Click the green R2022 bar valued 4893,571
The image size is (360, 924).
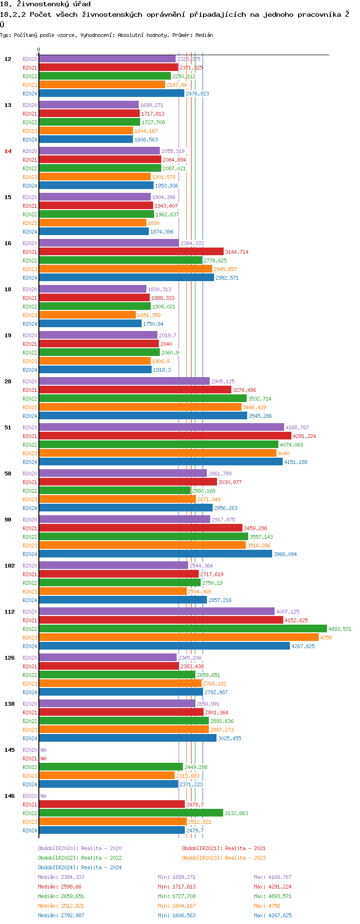point(182,628)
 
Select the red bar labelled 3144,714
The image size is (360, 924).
point(131,251)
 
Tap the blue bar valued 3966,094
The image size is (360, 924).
point(155,554)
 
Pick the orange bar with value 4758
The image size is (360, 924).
point(179,637)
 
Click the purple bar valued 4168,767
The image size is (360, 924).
point(161,427)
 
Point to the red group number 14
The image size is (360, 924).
point(8,151)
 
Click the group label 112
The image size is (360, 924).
point(10,612)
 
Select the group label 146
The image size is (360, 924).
point(10,796)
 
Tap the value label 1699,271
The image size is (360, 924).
point(152,105)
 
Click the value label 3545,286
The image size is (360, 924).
point(260,416)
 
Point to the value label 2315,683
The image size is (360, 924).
point(188,776)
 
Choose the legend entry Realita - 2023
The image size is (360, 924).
point(224,858)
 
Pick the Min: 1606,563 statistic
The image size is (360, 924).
point(177,915)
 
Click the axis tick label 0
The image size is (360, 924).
point(39,49)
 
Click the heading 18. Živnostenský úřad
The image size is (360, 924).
point(45,4)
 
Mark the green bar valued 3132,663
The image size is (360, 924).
point(131,813)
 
